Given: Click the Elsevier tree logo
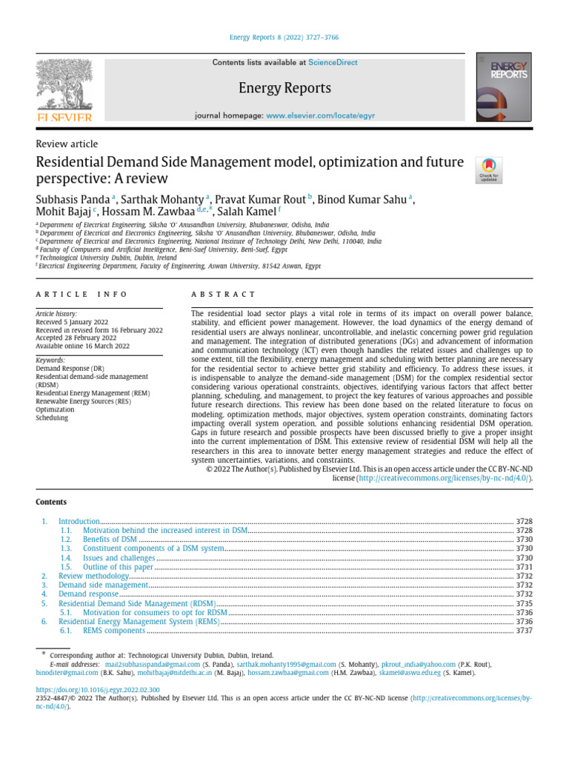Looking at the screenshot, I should click(x=64, y=87).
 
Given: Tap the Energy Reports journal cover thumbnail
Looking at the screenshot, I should click(x=505, y=87).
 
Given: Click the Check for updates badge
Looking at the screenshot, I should click(x=488, y=170).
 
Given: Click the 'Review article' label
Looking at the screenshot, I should click(x=67, y=144).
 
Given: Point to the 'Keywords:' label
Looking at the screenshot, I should click(x=50, y=360).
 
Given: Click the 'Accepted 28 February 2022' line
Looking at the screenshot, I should click(x=76, y=338).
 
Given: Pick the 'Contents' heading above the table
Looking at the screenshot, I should click(x=51, y=502).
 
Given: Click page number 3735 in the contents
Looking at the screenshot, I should click(x=524, y=604).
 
